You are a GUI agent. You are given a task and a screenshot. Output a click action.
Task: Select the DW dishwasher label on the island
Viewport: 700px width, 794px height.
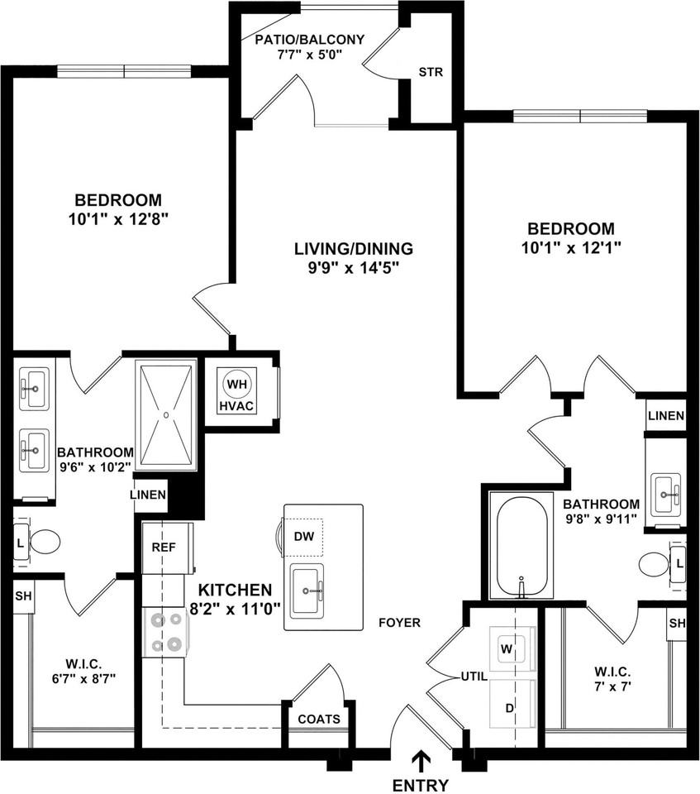303,536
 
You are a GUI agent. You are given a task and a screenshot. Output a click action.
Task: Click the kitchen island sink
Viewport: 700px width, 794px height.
314,589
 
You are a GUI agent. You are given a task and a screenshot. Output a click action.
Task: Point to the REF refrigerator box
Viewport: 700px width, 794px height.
162,548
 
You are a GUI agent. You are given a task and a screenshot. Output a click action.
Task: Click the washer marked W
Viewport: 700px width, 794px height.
506,649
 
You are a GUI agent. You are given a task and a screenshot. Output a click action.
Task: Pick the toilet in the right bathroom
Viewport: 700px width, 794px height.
660,564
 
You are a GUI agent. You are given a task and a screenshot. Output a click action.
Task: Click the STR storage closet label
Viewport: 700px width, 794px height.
431,72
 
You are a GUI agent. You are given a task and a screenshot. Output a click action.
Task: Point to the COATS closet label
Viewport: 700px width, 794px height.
318,719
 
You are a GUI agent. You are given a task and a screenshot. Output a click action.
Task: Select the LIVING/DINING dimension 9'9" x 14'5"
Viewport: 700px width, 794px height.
353,269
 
